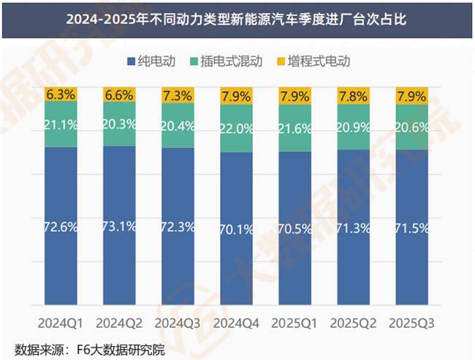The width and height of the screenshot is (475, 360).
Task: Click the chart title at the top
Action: coord(237,20)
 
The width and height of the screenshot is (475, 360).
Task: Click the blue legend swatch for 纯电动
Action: coord(132,61)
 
